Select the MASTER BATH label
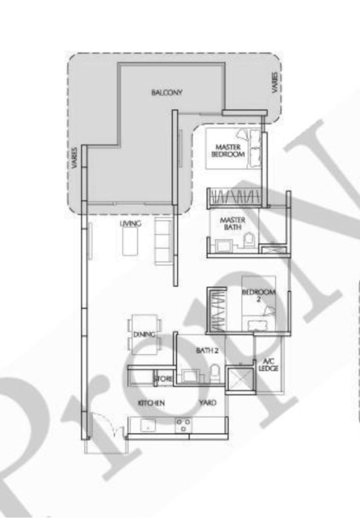coord(232,223)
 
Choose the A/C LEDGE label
coord(269,365)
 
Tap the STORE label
coord(163,379)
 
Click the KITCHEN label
coord(151,403)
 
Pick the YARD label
coord(207,403)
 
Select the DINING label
coord(144,335)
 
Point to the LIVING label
coord(130,223)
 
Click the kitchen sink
coord(147,425)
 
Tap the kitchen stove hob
coord(183,425)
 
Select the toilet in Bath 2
coord(215,372)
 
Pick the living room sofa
coord(162,241)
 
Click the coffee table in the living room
coord(130,241)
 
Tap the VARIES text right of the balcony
coord(275,83)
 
